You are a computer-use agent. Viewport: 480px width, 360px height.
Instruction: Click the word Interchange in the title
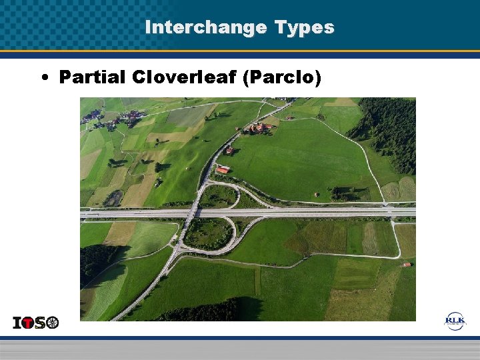[197, 27]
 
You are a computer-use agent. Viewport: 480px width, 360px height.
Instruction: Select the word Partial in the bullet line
[92, 77]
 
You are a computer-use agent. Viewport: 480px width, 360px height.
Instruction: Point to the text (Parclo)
[282, 77]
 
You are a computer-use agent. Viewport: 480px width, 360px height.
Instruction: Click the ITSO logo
[36, 323]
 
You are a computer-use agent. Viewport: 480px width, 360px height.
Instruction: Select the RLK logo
[455, 321]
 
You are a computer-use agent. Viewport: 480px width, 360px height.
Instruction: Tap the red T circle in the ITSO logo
[30, 323]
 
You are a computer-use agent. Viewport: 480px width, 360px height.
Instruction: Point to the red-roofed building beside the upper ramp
[223, 170]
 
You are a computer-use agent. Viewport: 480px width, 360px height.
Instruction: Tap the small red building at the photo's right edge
[405, 265]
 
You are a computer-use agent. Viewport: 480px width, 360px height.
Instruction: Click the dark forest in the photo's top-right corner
[390, 133]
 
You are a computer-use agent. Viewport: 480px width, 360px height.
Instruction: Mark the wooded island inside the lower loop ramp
[208, 233]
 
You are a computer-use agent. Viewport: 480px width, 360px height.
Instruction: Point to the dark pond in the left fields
[113, 197]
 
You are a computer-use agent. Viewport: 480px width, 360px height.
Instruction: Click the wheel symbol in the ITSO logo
[52, 323]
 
